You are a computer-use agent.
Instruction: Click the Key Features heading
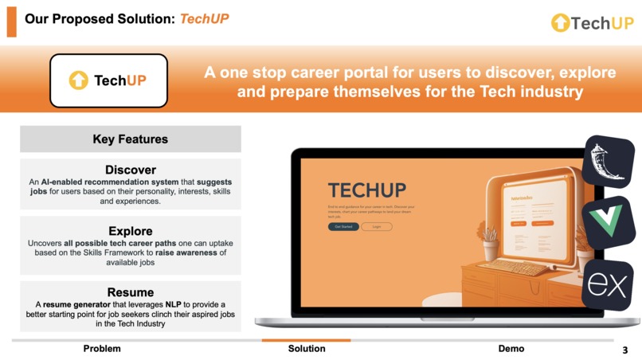[x=131, y=139]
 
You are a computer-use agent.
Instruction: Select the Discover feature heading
[x=131, y=170]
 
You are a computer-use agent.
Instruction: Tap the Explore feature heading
[x=131, y=231]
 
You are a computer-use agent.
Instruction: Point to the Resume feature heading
[x=131, y=292]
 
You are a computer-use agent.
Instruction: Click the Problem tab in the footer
[x=102, y=349]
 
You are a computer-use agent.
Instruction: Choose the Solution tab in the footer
[x=307, y=349]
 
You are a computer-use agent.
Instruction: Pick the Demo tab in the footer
[x=511, y=349]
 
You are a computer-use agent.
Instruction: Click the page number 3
[x=625, y=350]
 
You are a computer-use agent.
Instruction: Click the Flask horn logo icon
[x=609, y=162]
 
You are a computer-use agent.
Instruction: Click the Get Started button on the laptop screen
[x=343, y=227]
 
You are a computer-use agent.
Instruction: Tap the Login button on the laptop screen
[x=377, y=227]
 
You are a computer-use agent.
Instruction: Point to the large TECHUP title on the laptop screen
[x=366, y=191]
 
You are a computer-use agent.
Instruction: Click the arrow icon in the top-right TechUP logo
[x=560, y=23]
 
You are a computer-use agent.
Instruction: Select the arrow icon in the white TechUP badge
[x=78, y=80]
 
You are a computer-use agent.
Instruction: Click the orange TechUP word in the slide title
[x=204, y=18]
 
